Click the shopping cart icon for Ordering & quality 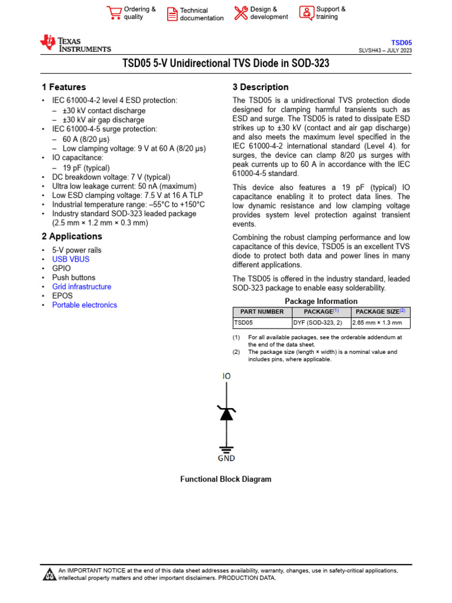click(x=114, y=13)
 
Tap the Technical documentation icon click(x=171, y=14)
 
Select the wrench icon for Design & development click(x=241, y=13)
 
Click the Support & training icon click(x=306, y=13)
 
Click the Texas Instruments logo click(x=75, y=44)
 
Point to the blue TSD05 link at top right click(x=403, y=42)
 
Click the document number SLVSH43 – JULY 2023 click(x=385, y=51)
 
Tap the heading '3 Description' click(x=261, y=87)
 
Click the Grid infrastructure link click(x=81, y=287)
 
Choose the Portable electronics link click(x=84, y=305)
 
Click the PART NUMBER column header click(x=262, y=312)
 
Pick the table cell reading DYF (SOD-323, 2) click(x=318, y=323)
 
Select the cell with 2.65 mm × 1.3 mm click(x=377, y=323)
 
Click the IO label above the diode click(x=227, y=376)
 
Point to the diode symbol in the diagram click(x=226, y=413)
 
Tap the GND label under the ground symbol click(x=226, y=458)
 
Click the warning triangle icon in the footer click(x=49, y=574)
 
